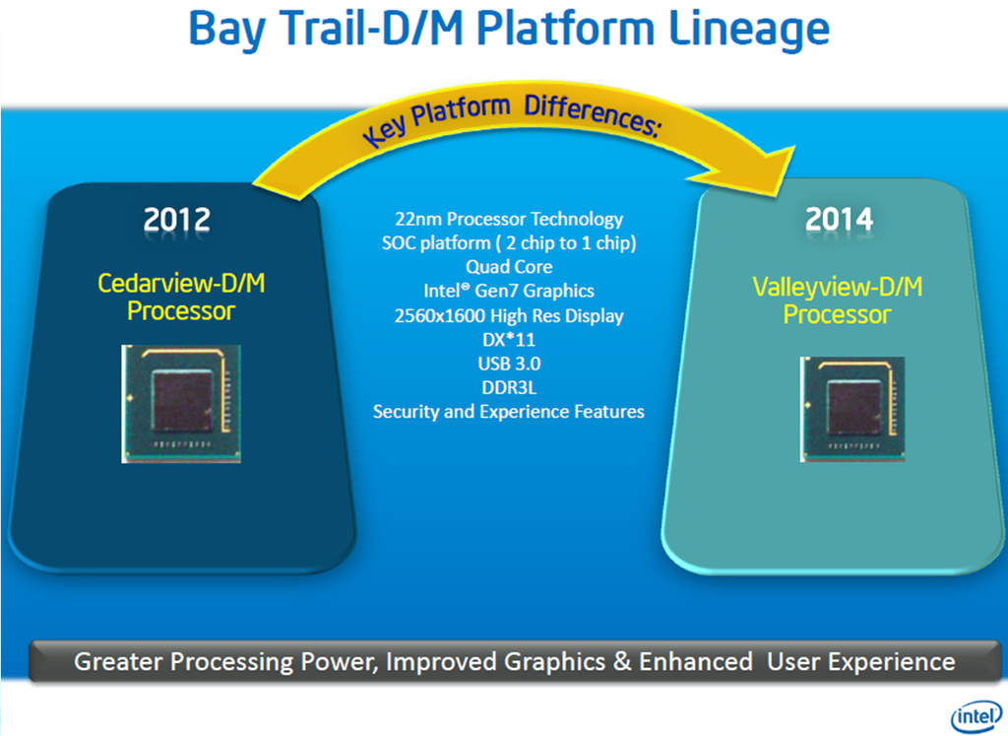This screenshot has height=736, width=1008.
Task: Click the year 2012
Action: [177, 218]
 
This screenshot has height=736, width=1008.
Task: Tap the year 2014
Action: [840, 218]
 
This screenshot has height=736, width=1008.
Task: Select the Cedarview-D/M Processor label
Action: [181, 298]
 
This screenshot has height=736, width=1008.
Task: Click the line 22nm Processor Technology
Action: [508, 219]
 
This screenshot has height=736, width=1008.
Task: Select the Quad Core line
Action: [508, 267]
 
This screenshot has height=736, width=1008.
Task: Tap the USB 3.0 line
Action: [508, 363]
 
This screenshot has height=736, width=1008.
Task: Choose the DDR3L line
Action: [508, 387]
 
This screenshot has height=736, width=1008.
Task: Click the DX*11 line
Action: [508, 339]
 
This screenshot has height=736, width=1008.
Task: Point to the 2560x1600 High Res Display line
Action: [508, 315]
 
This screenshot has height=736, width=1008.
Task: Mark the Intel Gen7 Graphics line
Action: [508, 291]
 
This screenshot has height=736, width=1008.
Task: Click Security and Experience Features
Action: [508, 411]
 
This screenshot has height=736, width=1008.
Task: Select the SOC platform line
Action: [508, 242]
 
